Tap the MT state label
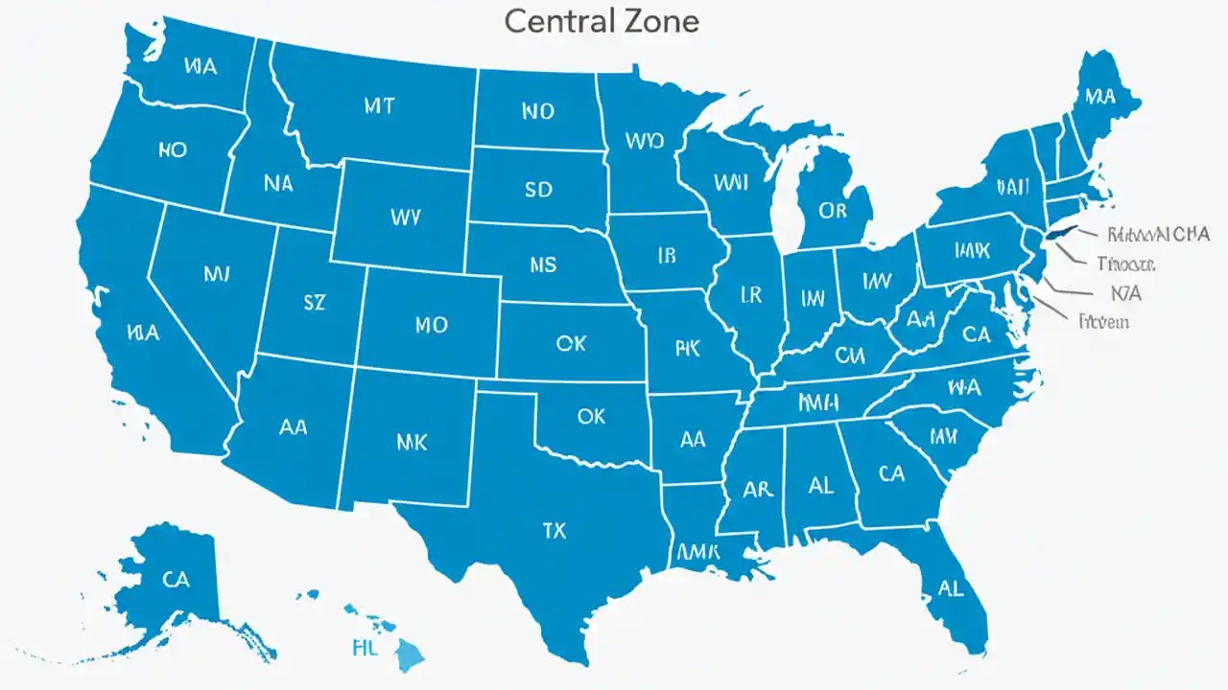click(379, 106)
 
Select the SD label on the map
click(539, 189)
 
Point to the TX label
click(555, 528)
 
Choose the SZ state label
click(314, 303)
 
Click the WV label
click(406, 217)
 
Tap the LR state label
click(750, 296)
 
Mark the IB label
click(668, 255)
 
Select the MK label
click(412, 442)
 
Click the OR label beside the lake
click(833, 209)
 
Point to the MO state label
click(431, 325)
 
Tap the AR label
click(758, 489)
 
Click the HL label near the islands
click(366, 647)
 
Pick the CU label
click(849, 356)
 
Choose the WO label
click(644, 142)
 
